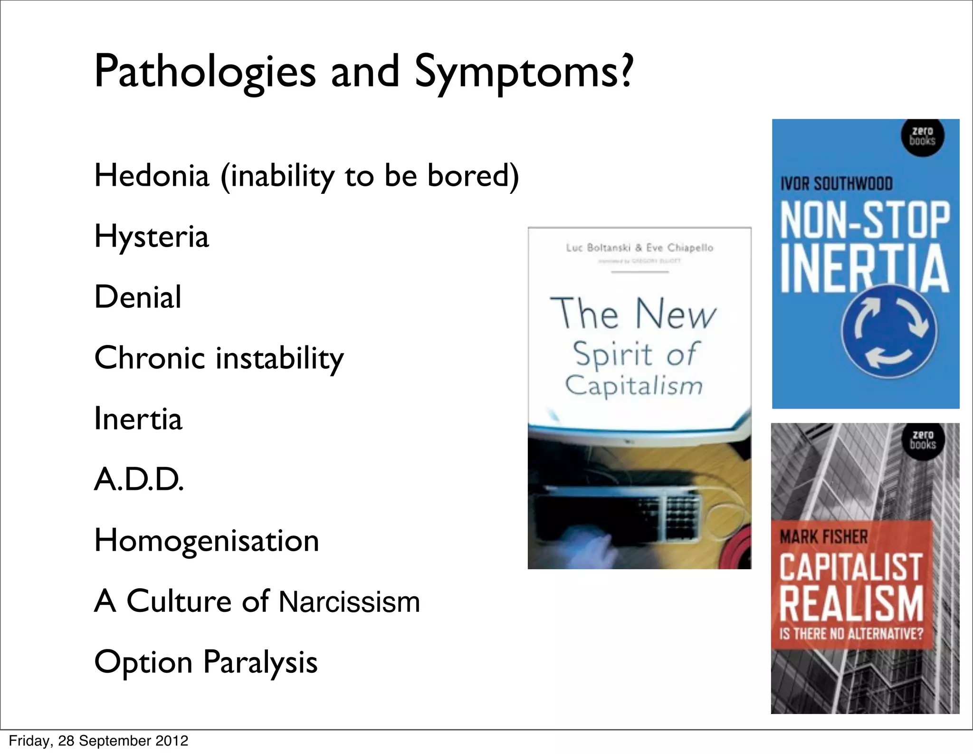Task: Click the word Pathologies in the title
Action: [205, 72]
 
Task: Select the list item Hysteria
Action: [152, 237]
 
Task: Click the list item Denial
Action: [138, 297]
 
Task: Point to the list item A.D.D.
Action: [139, 479]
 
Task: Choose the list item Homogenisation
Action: [207, 541]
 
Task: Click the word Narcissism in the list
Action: [349, 601]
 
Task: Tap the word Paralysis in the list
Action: [260, 662]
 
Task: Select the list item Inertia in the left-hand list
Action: [138, 419]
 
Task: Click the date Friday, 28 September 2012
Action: [98, 741]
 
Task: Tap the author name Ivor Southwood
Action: [836, 183]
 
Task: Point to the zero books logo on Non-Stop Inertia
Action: [923, 136]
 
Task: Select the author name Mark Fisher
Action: [823, 537]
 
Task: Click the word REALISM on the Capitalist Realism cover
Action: [851, 603]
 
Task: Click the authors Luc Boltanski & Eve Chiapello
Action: [639, 248]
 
